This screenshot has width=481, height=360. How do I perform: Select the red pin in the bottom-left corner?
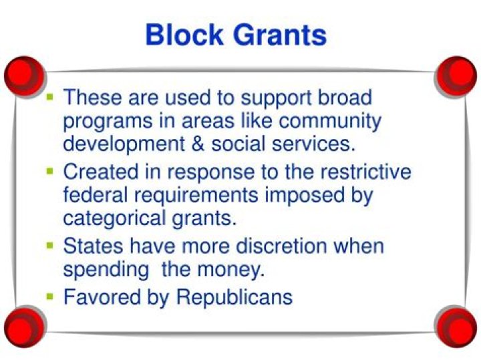pos(21,327)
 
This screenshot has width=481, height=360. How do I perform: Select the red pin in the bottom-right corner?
pos(459,327)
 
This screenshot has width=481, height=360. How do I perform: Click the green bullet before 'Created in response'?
pos(50,170)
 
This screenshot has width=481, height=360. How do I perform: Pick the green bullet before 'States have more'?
pos(50,244)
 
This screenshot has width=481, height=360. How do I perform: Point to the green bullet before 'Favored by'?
pos(50,295)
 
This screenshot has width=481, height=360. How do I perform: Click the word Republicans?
pos(234,297)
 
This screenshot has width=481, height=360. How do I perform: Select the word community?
pos(330,122)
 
